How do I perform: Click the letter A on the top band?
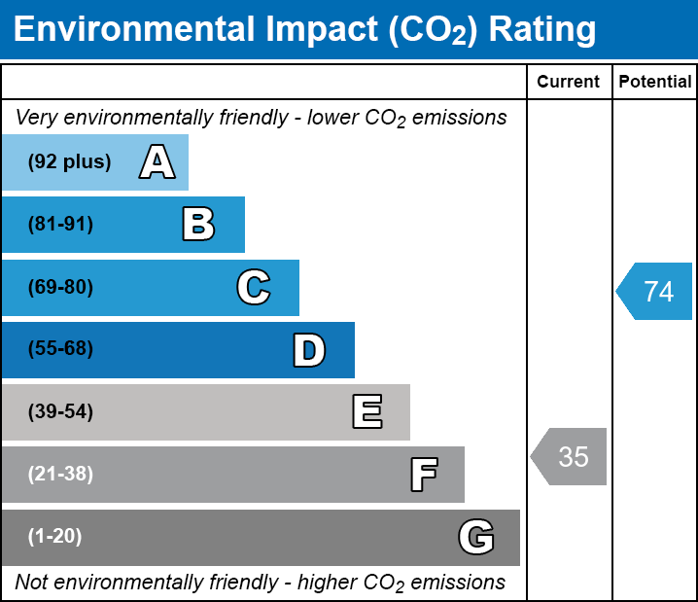pos(157,162)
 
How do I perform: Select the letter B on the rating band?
pos(198,225)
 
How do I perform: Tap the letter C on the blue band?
pos(253,287)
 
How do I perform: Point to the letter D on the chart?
pos(309,350)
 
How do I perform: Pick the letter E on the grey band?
pos(366,412)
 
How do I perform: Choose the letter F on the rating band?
pos(423,475)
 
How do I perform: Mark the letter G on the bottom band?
pos(476,537)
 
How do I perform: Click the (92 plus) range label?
pos(69,162)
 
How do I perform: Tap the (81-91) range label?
pos(60,225)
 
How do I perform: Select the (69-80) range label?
pos(60,287)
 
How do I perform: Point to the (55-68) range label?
pos(60,349)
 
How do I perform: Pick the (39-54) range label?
pos(60,412)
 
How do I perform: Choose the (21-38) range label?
pos(60,475)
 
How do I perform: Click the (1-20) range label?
pos(55,537)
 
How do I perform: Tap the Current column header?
pos(569,83)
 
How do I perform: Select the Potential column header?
pos(655,83)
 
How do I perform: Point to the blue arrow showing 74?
pos(655,291)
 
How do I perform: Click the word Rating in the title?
pos(542,30)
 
